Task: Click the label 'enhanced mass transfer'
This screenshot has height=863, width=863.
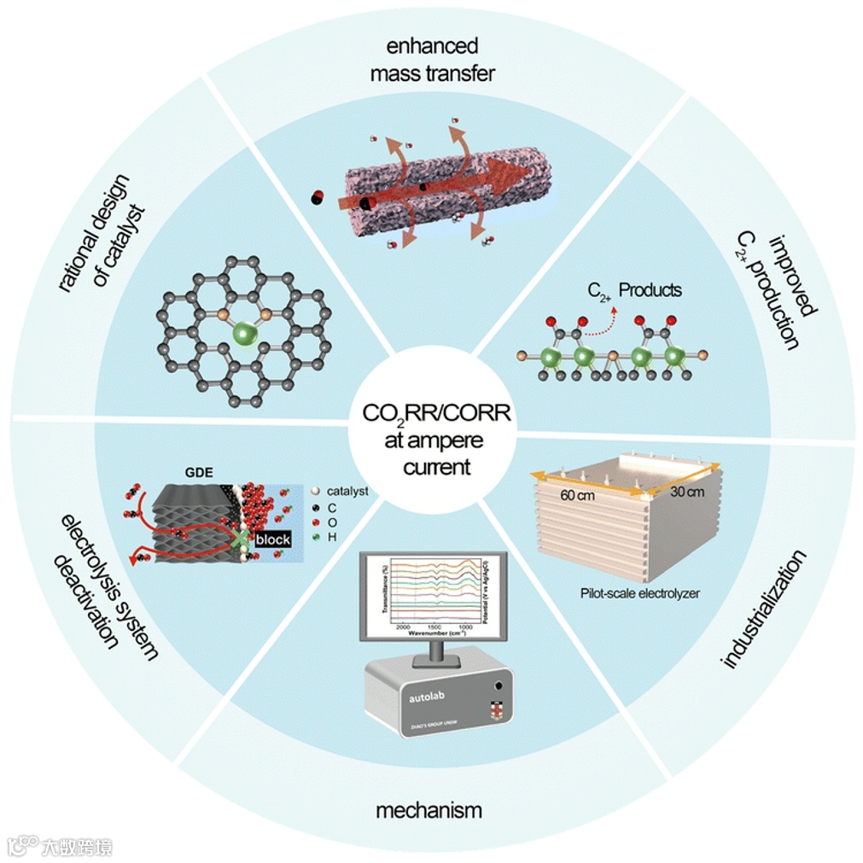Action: (432, 59)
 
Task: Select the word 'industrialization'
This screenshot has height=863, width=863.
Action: (763, 609)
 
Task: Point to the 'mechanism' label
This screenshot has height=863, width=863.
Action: (429, 809)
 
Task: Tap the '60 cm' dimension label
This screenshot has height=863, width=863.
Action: (577, 495)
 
